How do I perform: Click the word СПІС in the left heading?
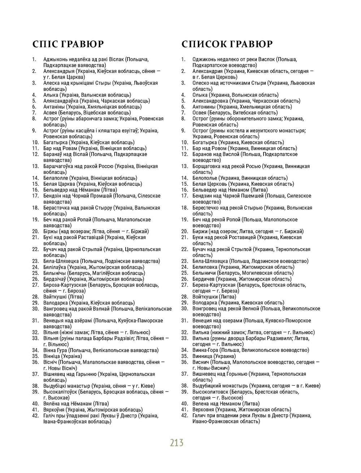(45, 44)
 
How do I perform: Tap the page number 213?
(177, 442)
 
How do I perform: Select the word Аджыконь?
(56, 59)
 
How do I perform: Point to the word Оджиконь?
(204, 59)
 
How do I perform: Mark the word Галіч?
(50, 416)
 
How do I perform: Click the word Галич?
(200, 416)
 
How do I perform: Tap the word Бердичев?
(205, 279)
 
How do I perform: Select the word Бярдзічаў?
(55, 279)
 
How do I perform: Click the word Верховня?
(204, 410)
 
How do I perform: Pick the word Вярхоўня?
(54, 410)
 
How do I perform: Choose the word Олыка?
(200, 95)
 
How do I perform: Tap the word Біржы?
(51, 231)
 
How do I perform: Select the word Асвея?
(50, 113)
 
